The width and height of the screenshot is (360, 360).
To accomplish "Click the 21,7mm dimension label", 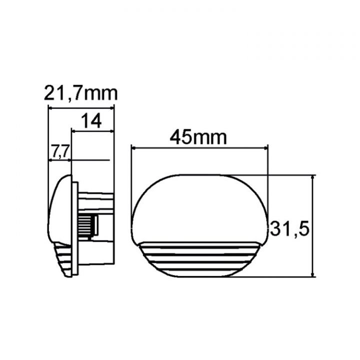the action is click(80, 93).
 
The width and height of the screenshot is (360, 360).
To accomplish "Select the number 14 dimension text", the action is click(91, 121).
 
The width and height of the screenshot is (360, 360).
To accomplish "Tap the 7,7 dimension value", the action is click(59, 151).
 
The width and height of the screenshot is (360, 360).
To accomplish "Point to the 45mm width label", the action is click(198, 137).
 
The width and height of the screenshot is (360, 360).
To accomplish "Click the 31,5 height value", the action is click(289, 228).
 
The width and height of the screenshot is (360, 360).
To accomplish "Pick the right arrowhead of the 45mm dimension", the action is click(265, 148).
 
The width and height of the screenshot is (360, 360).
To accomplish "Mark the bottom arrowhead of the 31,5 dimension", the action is click(312, 274).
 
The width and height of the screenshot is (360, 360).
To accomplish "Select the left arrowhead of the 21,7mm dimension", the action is click(50, 108).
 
